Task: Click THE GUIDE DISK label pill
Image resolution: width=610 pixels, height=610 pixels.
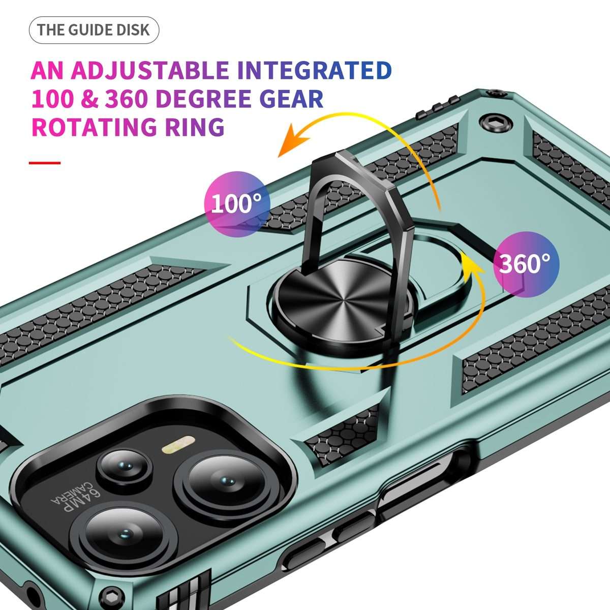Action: [x=94, y=30]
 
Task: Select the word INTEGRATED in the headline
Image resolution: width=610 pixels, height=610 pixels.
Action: [x=314, y=70]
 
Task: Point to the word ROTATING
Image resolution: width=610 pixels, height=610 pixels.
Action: [x=94, y=127]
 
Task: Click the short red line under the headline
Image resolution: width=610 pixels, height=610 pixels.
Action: [x=45, y=163]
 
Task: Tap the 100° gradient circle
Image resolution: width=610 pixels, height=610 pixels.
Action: [x=237, y=204]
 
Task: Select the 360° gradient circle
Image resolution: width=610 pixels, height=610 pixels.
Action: [x=526, y=264]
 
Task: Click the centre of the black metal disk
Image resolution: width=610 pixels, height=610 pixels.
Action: [x=342, y=299]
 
